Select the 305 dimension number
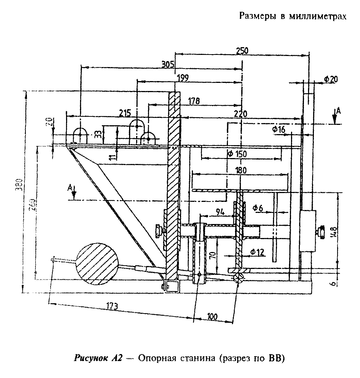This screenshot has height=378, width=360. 168,64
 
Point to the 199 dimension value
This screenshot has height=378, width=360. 183,77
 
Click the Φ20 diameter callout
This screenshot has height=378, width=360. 331,79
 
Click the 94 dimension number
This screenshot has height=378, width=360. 220,211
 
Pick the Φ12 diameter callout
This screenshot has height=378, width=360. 257,252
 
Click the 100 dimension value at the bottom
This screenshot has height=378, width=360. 212,316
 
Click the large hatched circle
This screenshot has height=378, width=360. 97,263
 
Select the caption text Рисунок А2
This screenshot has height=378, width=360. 97,358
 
